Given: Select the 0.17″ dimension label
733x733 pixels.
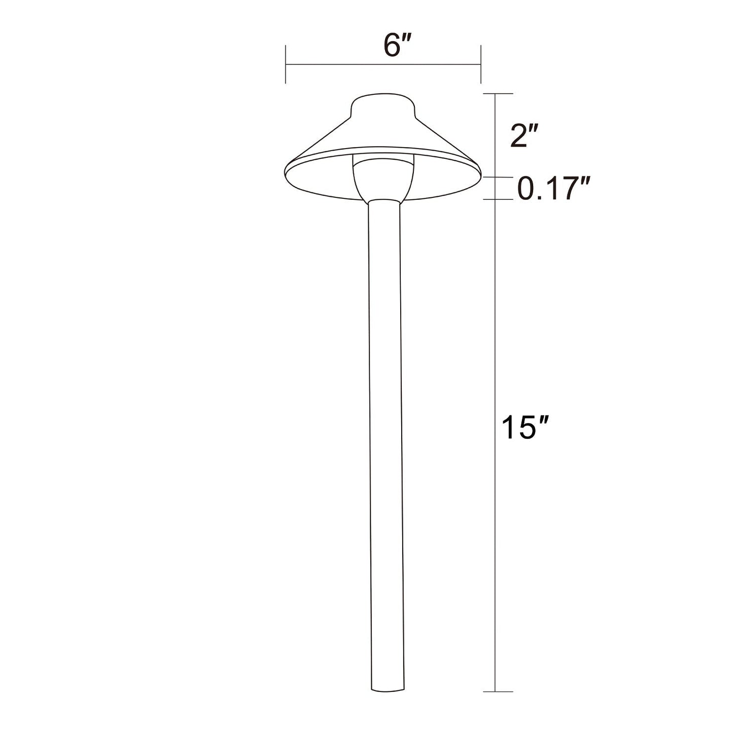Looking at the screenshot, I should tap(553, 189).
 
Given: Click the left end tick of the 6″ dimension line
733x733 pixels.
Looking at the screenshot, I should tap(286, 64).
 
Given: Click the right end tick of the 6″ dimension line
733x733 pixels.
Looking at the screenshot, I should tap(480, 64).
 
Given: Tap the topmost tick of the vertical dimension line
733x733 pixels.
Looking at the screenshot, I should tap(496, 94).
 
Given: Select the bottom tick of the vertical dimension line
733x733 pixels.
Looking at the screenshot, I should tap(496, 691).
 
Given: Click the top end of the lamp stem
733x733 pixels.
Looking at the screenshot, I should tap(383, 201).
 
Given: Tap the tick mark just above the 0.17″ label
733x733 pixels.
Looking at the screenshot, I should tap(496, 177).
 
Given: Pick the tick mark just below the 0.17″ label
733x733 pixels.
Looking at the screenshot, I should tap(496, 199).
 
